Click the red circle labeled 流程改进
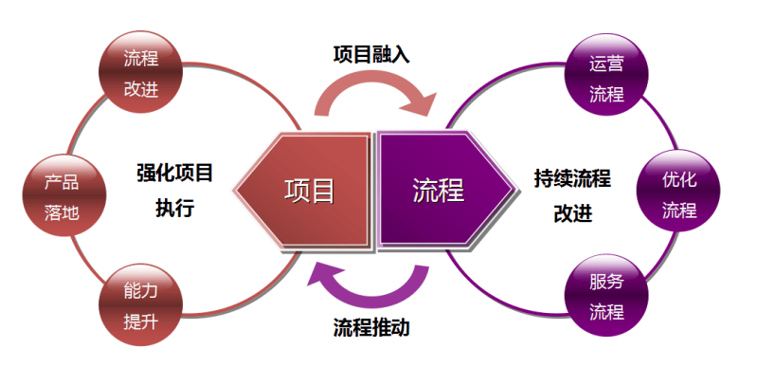[x=138, y=73]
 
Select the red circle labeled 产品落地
[x=62, y=195]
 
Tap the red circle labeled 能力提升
[x=138, y=304]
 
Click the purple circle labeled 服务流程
[x=605, y=297]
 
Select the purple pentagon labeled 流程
[x=443, y=190]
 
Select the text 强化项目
[x=174, y=174]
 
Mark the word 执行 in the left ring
[x=174, y=208]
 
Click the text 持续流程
[x=572, y=177]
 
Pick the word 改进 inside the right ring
[x=572, y=211]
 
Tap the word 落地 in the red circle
[x=62, y=212]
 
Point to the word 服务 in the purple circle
[x=605, y=282]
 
